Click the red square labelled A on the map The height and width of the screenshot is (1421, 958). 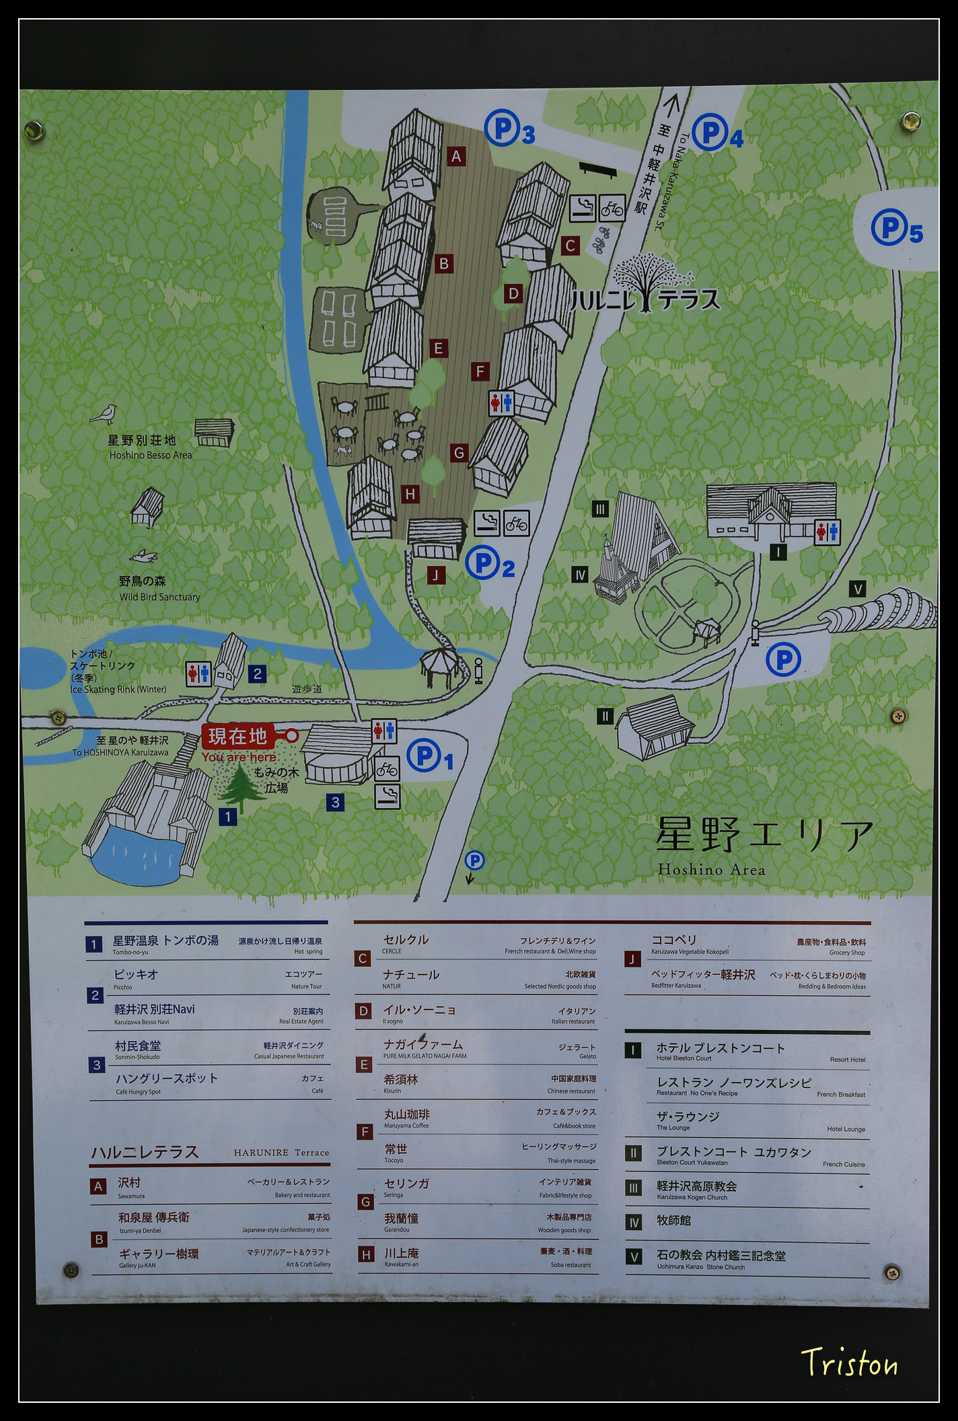point(456,157)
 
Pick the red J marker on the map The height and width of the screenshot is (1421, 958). point(436,575)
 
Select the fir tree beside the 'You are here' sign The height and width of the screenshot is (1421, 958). point(239,789)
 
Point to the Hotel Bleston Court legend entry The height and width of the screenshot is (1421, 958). point(720,1051)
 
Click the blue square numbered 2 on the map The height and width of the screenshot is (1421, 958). point(257,673)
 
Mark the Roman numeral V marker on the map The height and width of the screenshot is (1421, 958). point(857,589)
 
